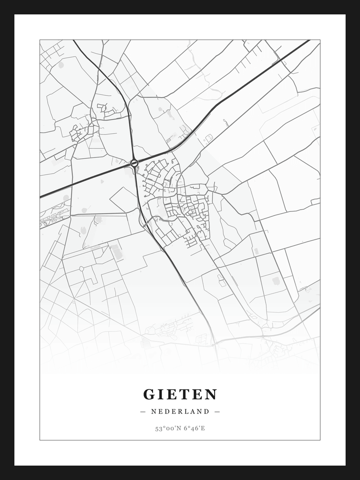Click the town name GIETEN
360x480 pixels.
click(180, 395)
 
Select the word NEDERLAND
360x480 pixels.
click(180, 411)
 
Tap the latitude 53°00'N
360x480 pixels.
click(167, 428)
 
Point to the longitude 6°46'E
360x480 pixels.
click(194, 428)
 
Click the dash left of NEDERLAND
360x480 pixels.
click(143, 411)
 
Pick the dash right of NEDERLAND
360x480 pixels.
click(217, 411)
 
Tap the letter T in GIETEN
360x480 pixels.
click(185, 395)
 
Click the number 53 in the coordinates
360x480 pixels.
click(158, 428)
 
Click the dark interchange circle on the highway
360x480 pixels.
click(134, 163)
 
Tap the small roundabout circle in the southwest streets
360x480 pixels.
click(81, 269)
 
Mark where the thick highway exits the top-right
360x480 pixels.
click(309, 41)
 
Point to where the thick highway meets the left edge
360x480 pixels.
click(41, 197)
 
